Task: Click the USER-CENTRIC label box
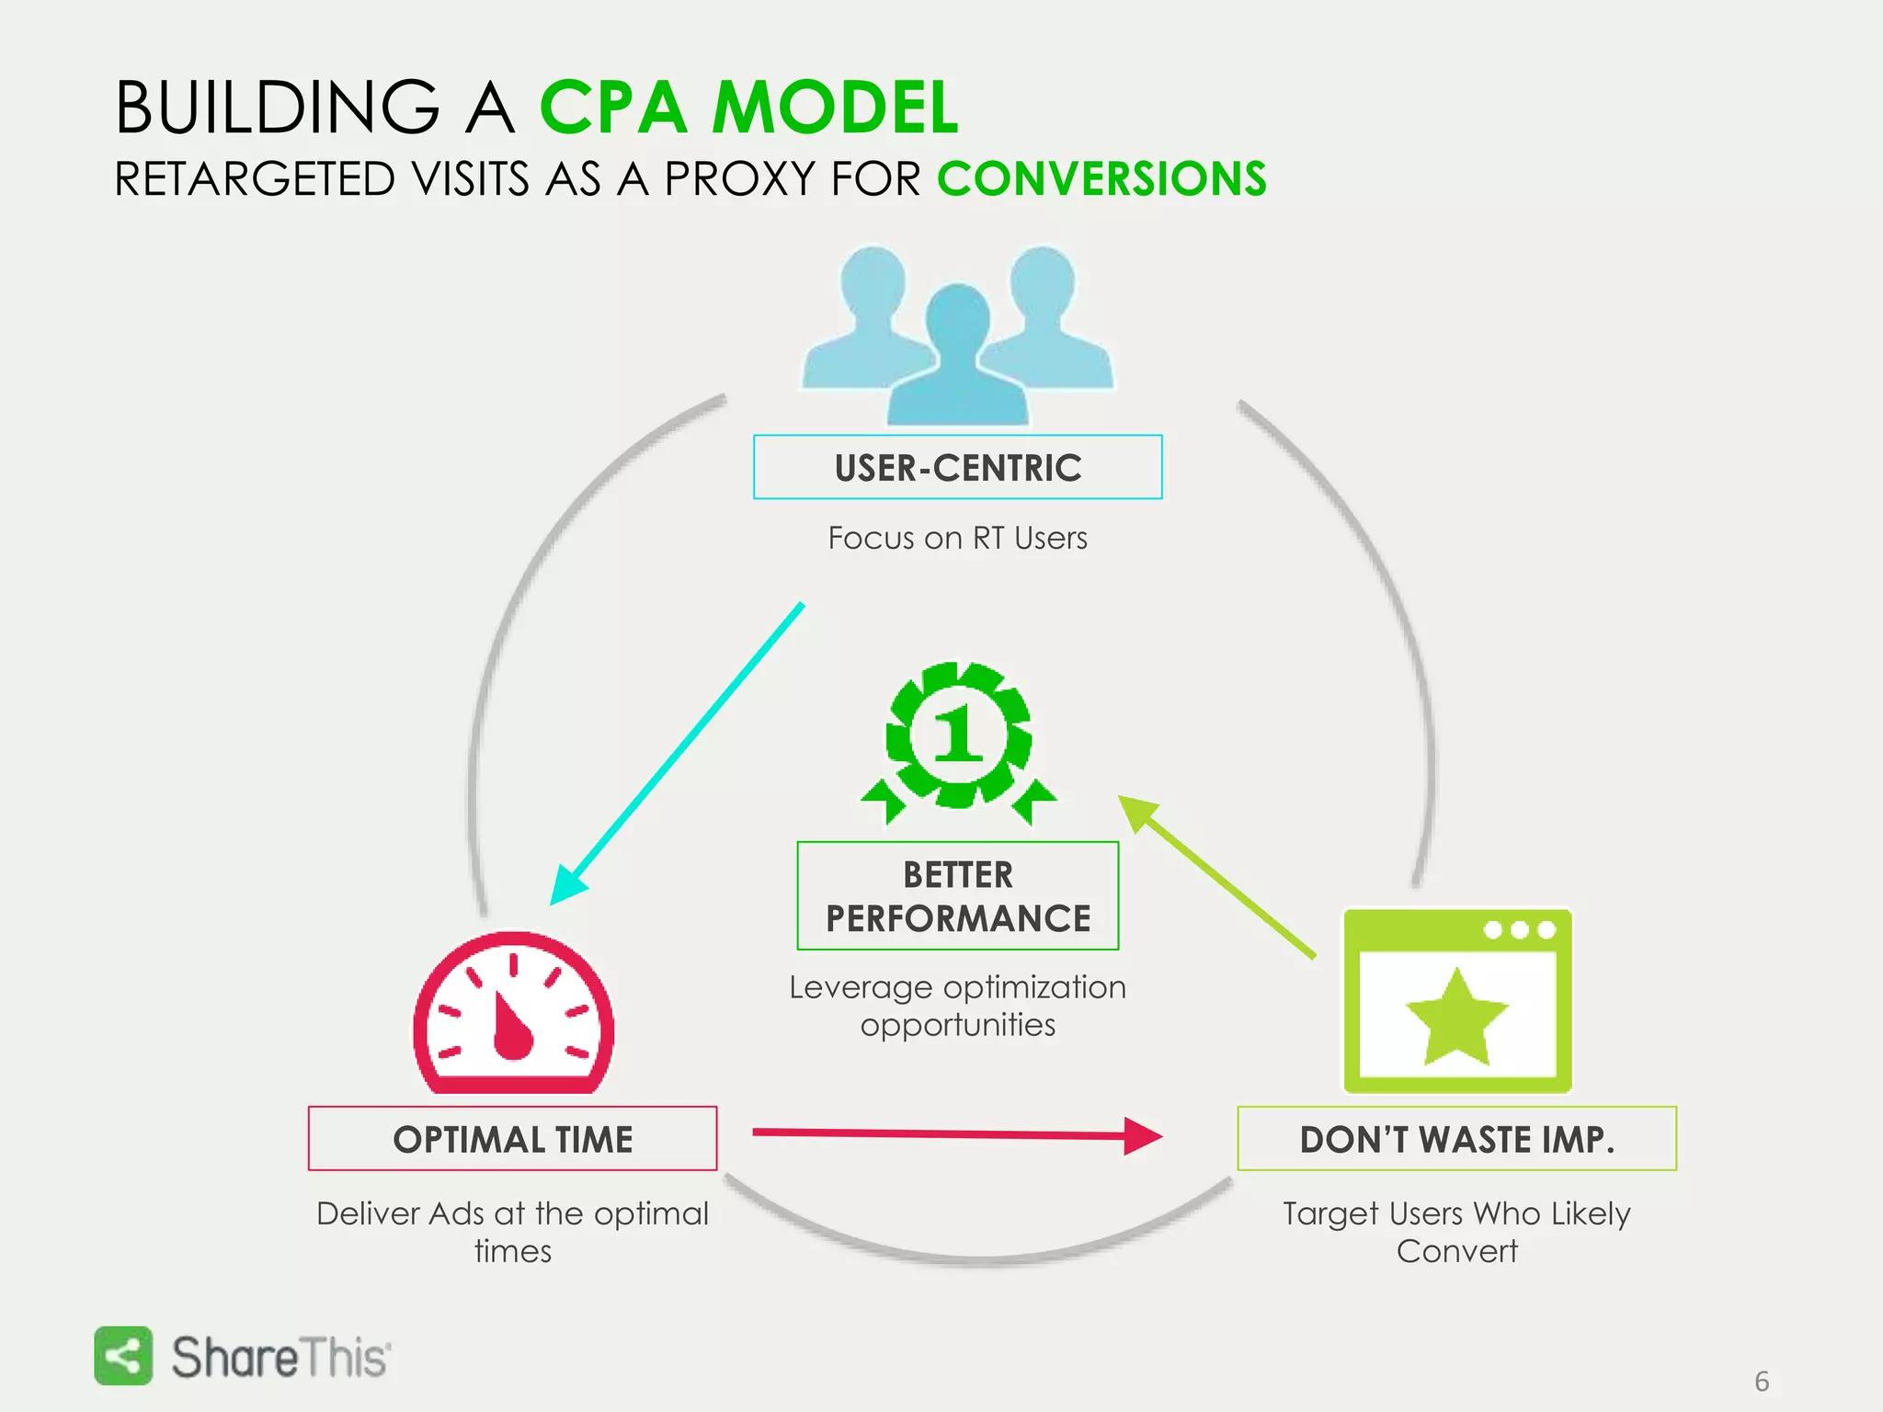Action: tap(957, 467)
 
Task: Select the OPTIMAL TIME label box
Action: tap(512, 1138)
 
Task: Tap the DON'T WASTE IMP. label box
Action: tap(1456, 1138)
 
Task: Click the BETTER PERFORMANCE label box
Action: tap(957, 895)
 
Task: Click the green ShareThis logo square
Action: tap(123, 1355)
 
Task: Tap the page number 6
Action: tap(1761, 1381)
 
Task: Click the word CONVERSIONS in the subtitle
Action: tap(1101, 178)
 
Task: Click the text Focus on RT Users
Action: tap(957, 538)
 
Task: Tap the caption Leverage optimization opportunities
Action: tap(957, 1006)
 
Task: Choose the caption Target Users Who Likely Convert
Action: tap(1456, 1232)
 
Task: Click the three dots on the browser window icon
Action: tap(1519, 930)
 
